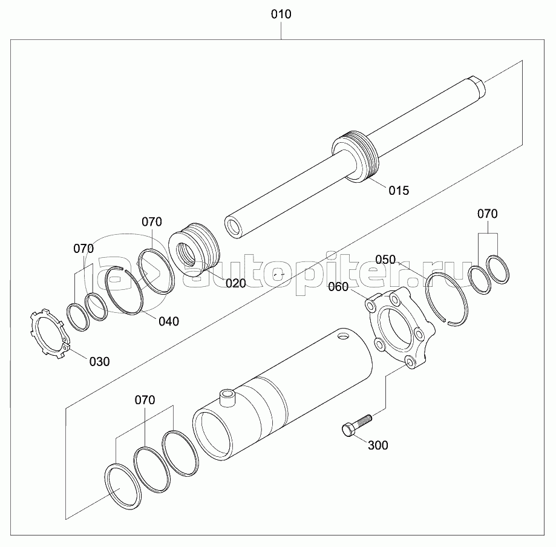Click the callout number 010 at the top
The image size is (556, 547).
click(x=281, y=14)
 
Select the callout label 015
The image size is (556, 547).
click(x=399, y=191)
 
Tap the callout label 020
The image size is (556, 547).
click(x=236, y=283)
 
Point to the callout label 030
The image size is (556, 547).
click(x=100, y=362)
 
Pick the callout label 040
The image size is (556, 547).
click(x=169, y=321)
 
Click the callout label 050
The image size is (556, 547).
click(x=385, y=260)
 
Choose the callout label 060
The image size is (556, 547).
click(x=338, y=287)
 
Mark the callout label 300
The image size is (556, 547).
click(x=378, y=445)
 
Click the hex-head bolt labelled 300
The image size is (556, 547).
click(x=357, y=425)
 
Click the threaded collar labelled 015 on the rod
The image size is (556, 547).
click(x=356, y=157)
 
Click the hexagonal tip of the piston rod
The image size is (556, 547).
click(x=477, y=86)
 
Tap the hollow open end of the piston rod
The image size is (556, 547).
click(x=232, y=227)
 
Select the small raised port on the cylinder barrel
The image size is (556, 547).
click(x=227, y=398)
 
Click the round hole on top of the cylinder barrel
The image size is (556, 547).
click(x=344, y=336)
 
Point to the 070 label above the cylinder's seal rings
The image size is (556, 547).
click(x=145, y=400)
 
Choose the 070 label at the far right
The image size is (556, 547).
click(x=488, y=214)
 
